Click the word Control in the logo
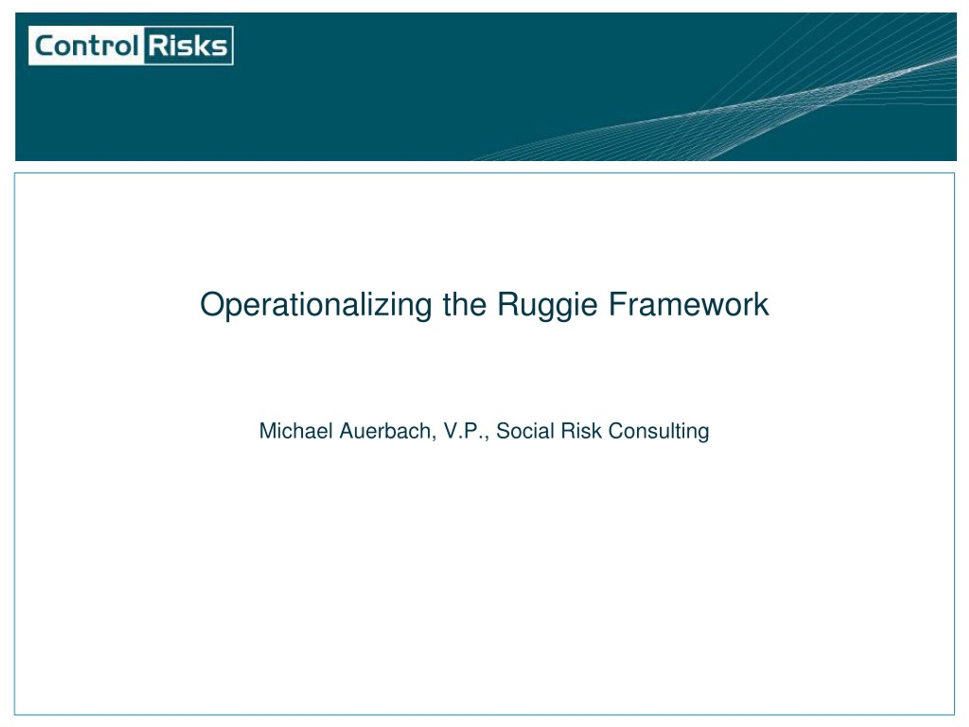[87, 45]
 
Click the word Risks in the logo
[188, 45]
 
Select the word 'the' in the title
[464, 304]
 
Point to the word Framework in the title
[689, 304]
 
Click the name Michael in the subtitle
[296, 431]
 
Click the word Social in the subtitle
[525, 431]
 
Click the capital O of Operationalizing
[212, 304]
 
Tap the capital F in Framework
[618, 304]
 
